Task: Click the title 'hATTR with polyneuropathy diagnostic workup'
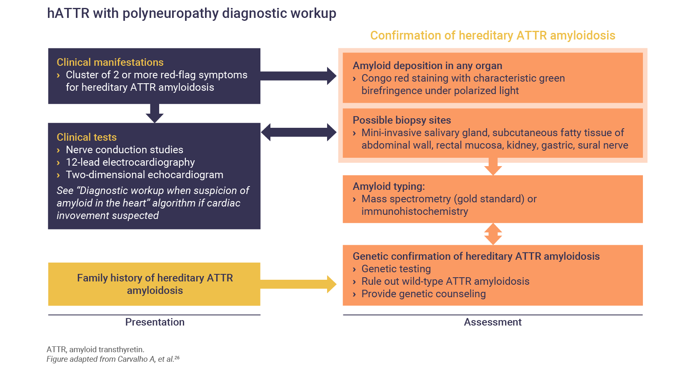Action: tap(192, 13)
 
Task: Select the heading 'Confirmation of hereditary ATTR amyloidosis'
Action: tap(492, 35)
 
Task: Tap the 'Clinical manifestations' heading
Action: tap(110, 62)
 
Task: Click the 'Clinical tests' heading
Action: tap(87, 137)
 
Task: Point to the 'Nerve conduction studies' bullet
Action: tap(124, 149)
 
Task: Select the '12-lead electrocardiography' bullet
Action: tap(130, 162)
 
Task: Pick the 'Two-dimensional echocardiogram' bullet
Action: tap(144, 174)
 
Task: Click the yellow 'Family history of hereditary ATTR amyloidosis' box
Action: tap(154, 284)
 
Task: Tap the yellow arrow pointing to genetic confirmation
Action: tap(298, 284)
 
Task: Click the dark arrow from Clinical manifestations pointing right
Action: tap(298, 76)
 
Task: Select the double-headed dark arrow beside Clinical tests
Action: tap(298, 132)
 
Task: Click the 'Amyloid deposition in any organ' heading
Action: tap(427, 65)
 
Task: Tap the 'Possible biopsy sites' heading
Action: tap(402, 120)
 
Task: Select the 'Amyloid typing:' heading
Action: tap(389, 186)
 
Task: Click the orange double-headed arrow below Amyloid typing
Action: tap(493, 234)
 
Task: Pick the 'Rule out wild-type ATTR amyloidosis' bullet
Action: tap(445, 281)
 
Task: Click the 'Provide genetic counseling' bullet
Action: tap(423, 293)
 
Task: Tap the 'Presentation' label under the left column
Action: tap(155, 322)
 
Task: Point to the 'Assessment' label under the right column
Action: tap(492, 322)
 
